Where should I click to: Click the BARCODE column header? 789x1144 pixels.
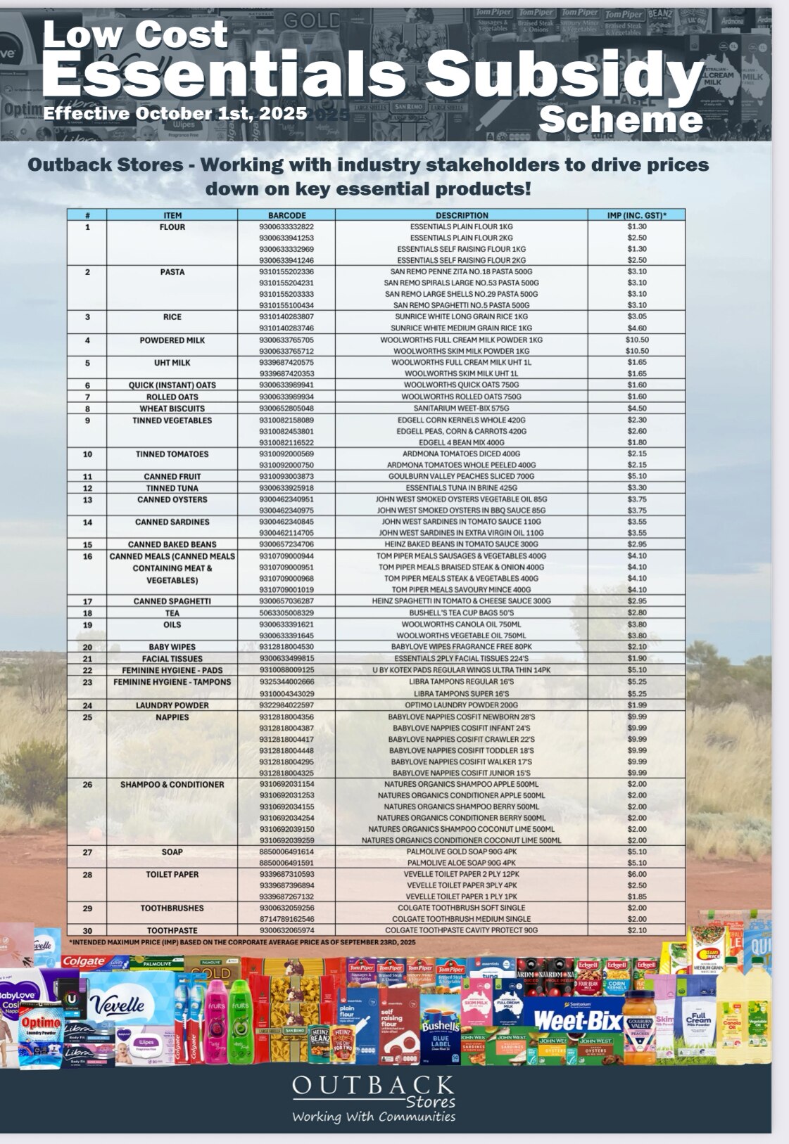[x=286, y=215]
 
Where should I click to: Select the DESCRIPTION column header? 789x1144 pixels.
[x=461, y=215]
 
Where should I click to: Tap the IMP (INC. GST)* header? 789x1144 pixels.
[x=636, y=215]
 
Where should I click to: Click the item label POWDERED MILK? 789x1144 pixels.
[x=172, y=340]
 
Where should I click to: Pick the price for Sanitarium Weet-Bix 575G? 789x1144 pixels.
[x=636, y=409]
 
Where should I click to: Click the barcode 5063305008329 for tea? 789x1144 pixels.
[x=286, y=613]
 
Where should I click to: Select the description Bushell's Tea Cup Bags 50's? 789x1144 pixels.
[x=461, y=613]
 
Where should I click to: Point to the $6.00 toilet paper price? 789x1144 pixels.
[x=636, y=874]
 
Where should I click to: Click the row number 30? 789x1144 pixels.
[x=87, y=930]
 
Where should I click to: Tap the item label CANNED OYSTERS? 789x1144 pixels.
[x=172, y=500]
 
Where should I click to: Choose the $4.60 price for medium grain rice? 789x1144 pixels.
[x=636, y=328]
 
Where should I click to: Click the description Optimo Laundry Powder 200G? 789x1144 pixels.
[x=461, y=705]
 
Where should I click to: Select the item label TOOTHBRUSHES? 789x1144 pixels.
[x=172, y=908]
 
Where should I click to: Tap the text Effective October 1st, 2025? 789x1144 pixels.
[x=175, y=114]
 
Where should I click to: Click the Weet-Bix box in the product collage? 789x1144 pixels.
[x=577, y=1020]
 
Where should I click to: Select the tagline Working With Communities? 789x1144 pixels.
[x=373, y=1117]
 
